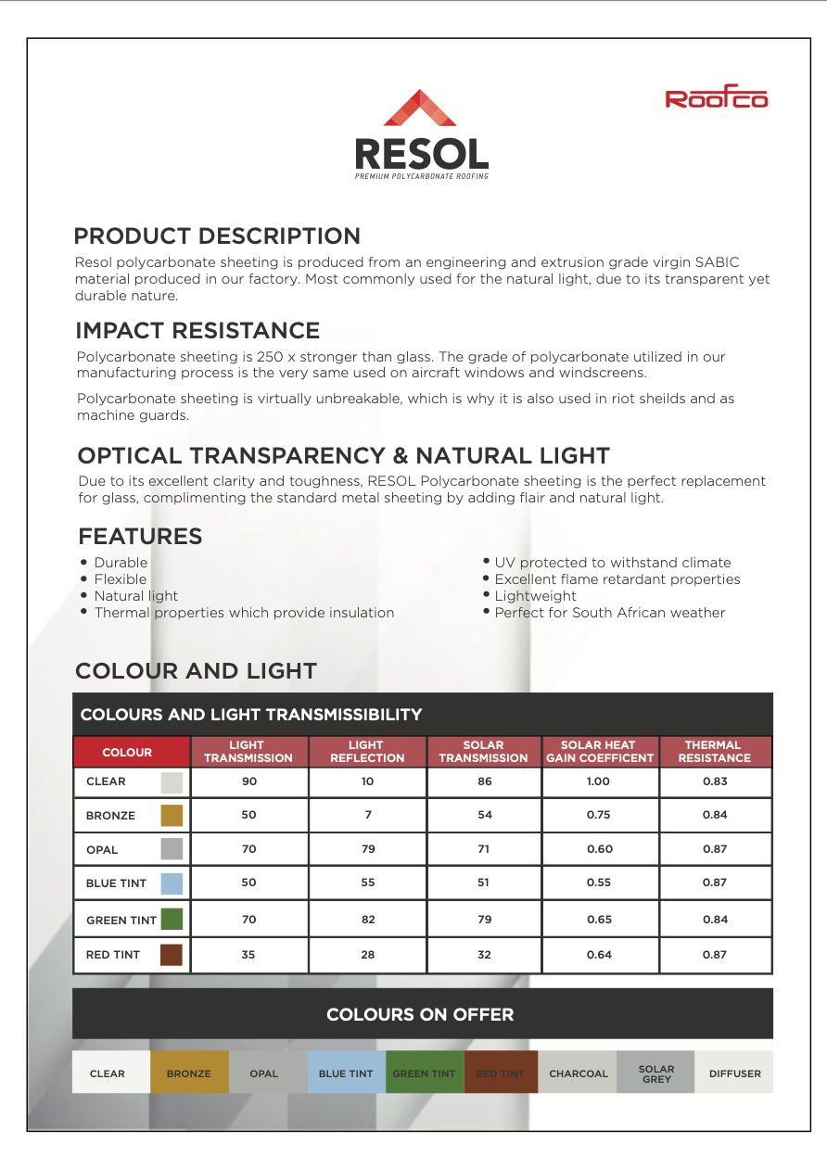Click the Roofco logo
[x=717, y=98]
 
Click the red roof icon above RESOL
[x=422, y=109]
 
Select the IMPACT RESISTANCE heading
[x=197, y=330]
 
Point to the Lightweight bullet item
[x=535, y=596]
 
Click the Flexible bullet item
[x=121, y=579]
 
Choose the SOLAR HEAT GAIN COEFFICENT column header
[x=599, y=751]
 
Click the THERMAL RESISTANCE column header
[x=714, y=751]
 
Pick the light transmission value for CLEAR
[x=248, y=781]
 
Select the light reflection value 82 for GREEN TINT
[x=367, y=920]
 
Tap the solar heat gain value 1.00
[x=599, y=781]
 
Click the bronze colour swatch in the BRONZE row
[x=172, y=816]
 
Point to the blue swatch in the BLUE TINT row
[x=172, y=883]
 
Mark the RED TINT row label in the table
[x=113, y=955]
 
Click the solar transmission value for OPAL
[x=484, y=849]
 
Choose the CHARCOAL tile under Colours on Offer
[x=579, y=1073]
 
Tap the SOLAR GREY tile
[x=656, y=1073]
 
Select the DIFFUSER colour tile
[x=734, y=1073]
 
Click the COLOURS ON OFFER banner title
[x=420, y=1014]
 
